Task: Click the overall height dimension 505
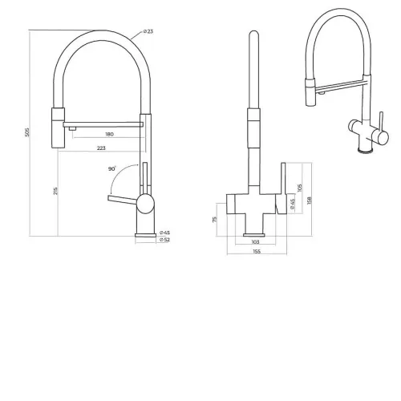[x=27, y=132]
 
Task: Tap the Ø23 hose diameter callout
[x=148, y=31]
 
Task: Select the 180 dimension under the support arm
[x=109, y=134]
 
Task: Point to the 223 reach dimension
[x=101, y=148]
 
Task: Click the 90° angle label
[x=112, y=168]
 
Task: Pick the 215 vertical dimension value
[x=55, y=191]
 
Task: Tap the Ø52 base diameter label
[x=164, y=240]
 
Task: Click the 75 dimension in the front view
[x=214, y=220]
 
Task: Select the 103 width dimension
[x=256, y=242]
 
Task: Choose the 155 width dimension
[x=257, y=251]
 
